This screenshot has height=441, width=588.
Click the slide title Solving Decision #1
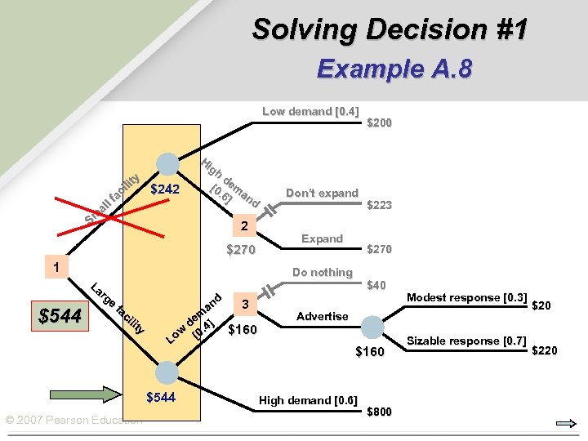click(390, 29)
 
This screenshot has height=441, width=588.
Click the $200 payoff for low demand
click(380, 123)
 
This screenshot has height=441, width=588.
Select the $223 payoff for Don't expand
click(380, 206)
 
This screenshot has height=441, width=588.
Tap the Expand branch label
click(322, 238)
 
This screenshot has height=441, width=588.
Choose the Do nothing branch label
click(323, 272)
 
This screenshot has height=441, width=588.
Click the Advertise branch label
click(322, 316)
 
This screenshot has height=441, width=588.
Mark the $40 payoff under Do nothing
click(376, 285)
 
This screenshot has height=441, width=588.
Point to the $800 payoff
click(380, 412)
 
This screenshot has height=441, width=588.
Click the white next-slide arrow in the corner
click(563, 423)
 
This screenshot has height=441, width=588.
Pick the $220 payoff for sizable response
click(545, 351)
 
